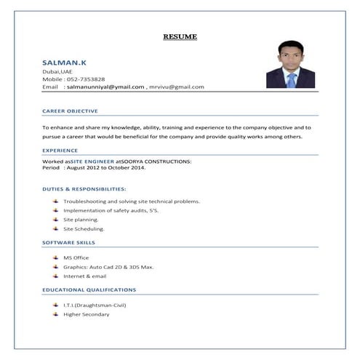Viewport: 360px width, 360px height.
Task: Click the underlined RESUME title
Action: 180,36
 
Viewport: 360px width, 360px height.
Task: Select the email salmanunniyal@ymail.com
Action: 105,87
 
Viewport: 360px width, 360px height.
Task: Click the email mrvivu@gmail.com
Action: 177,87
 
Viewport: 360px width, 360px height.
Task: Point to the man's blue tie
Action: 291,79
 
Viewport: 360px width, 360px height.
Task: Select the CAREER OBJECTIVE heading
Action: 70,111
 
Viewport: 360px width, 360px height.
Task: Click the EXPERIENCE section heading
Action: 60,150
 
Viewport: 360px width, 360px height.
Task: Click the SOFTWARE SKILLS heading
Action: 68,242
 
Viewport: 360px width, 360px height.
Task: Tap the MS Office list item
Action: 76,258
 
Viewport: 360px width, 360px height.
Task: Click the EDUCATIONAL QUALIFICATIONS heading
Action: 89,289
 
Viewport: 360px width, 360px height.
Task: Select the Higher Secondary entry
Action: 86,314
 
